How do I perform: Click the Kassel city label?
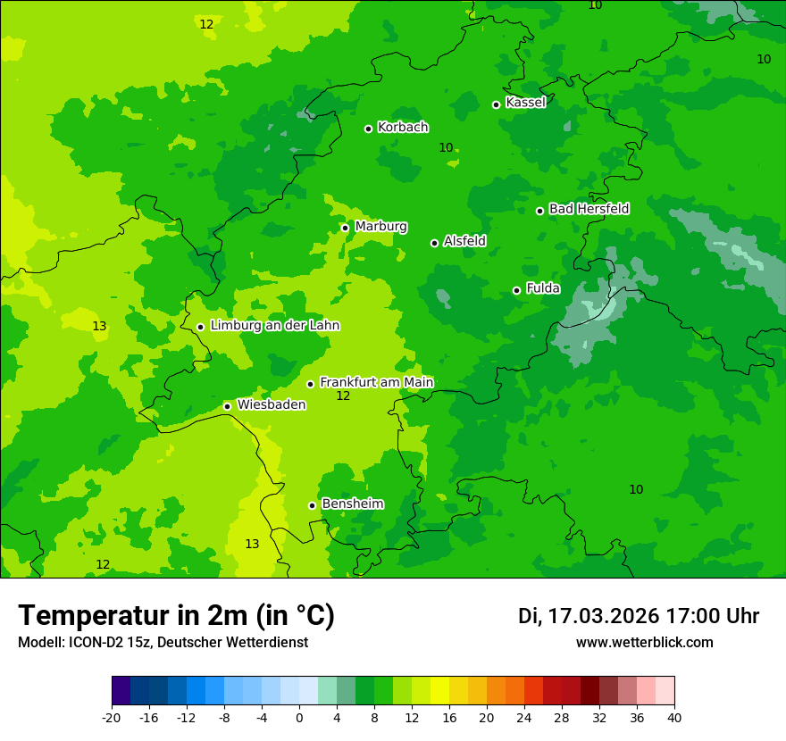[x=525, y=103]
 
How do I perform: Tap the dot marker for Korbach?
[x=368, y=129]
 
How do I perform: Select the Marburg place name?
[x=380, y=227]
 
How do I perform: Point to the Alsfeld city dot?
[x=434, y=243]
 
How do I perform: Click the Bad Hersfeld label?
[x=589, y=209]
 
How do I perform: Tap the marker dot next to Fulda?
[x=516, y=290]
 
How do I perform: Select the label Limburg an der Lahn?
[x=274, y=326]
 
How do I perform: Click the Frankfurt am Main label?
[x=376, y=382]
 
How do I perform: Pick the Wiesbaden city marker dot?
[x=228, y=406]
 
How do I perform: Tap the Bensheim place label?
[x=352, y=504]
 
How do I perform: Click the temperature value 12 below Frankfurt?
[x=343, y=396]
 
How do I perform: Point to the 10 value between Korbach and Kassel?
[x=446, y=148]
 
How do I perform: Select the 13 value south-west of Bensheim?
[x=252, y=545]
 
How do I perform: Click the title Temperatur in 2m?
[x=176, y=615]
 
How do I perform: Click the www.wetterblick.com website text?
[x=644, y=643]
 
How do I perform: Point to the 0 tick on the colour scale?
[x=299, y=718]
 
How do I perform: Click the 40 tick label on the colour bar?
[x=674, y=718]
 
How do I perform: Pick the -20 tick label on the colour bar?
[x=112, y=718]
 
